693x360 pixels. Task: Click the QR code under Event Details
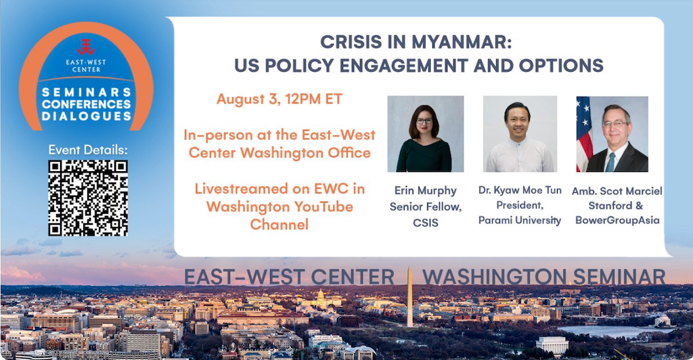point(88,198)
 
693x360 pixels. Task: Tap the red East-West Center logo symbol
point(86,47)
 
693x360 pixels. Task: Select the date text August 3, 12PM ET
point(280,99)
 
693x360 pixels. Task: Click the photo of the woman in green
point(426,134)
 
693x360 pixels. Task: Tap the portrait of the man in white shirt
point(520,134)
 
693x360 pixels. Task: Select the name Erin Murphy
point(426,190)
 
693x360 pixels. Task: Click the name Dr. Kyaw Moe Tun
point(520,190)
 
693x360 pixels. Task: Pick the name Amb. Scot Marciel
point(617,191)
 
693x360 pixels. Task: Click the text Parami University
point(520,220)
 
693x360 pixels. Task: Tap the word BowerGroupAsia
point(617,220)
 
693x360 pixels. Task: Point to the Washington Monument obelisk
point(409,296)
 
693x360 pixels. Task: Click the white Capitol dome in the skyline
point(321,296)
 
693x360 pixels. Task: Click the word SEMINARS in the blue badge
point(87,92)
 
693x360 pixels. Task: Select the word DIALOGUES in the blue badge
point(87,116)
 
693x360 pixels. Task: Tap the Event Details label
point(88,150)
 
